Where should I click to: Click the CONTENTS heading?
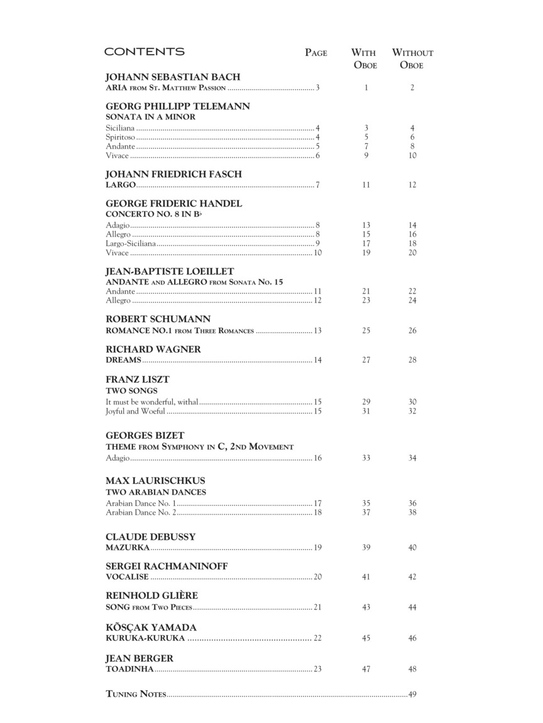144,52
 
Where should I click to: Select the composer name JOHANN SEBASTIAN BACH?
173,77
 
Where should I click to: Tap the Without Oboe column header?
412,58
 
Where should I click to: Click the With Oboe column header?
365,58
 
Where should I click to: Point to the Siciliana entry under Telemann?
120,128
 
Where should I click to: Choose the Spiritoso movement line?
121,137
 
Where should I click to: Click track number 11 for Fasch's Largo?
366,185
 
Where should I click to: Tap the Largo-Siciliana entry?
131,244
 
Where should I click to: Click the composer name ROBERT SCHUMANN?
158,319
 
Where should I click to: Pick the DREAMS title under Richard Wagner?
123,360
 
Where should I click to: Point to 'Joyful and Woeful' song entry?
135,412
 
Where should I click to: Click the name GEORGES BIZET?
145,436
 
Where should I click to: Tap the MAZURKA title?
128,548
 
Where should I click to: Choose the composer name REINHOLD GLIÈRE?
151,596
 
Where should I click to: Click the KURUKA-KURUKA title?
145,638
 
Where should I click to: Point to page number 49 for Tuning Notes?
412,694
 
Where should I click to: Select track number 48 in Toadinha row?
412,670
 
